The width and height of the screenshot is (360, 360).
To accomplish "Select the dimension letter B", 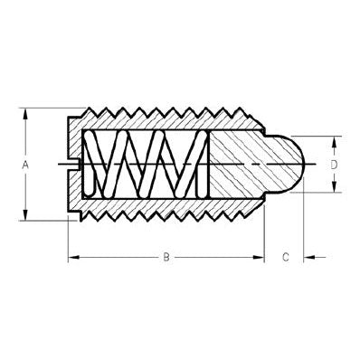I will coord(166,258).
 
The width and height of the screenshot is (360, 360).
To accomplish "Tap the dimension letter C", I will coord(285,258).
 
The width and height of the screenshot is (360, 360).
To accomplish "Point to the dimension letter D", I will coord(334,165).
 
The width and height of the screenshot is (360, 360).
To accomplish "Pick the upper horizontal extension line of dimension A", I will coord(45,110).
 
